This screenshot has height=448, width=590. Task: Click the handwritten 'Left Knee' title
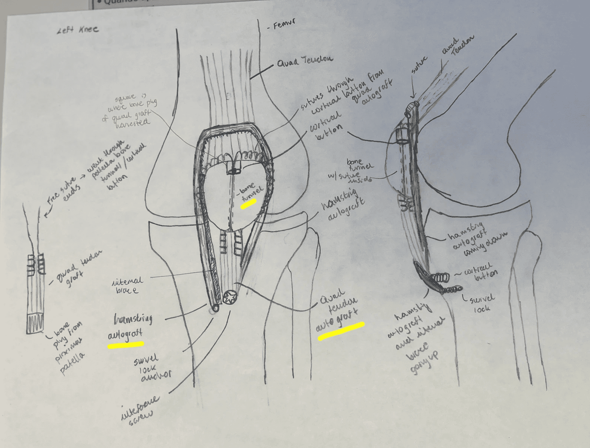(x=78, y=30)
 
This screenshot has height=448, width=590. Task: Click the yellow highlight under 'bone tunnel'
(x=248, y=203)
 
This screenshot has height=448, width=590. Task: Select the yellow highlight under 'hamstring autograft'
(x=126, y=344)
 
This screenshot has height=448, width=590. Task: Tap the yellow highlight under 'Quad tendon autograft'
(x=341, y=330)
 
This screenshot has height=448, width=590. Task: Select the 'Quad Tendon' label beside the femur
(x=304, y=61)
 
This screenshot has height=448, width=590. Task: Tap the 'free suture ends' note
(x=60, y=192)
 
